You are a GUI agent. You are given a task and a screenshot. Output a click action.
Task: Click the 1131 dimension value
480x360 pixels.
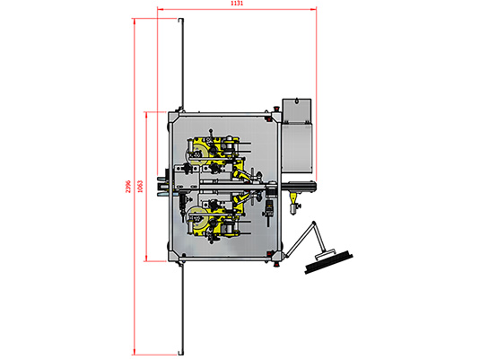(237, 4)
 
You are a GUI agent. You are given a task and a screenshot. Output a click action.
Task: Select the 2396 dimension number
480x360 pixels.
(128, 186)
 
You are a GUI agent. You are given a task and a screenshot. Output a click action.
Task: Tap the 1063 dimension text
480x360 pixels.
(140, 186)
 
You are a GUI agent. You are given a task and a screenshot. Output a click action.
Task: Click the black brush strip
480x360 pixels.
(328, 262)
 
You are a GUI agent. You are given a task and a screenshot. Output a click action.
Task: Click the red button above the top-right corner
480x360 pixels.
(276, 108)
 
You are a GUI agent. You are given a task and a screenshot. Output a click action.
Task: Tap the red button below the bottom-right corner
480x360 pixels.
(276, 264)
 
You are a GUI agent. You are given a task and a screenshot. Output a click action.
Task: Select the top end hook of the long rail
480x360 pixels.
(181, 20)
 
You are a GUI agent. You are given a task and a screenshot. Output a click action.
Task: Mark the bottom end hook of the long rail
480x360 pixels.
(181, 353)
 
